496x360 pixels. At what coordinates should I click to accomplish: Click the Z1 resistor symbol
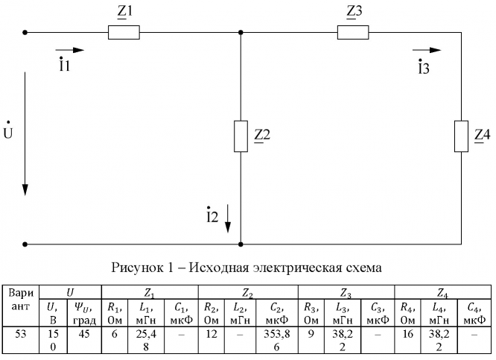(124, 33)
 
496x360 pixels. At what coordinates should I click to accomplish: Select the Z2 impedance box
(241, 135)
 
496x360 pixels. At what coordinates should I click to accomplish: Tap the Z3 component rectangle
(352, 33)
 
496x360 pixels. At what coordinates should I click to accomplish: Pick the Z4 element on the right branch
(461, 135)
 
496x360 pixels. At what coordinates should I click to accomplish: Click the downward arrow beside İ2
(229, 216)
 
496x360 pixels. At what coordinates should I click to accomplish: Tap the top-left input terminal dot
(25, 33)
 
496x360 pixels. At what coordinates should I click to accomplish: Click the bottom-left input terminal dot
(25, 243)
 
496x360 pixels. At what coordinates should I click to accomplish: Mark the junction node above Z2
(241, 33)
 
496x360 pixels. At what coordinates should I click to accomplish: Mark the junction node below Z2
(241, 243)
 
